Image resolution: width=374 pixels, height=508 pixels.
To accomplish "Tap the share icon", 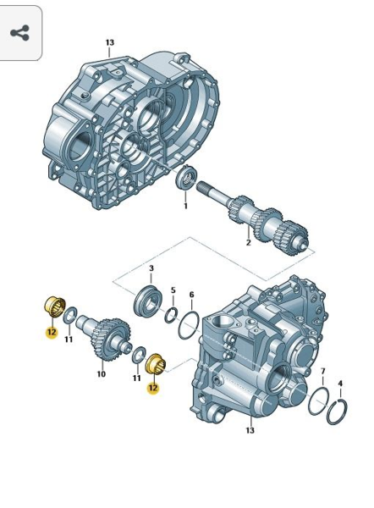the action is [x=19, y=33].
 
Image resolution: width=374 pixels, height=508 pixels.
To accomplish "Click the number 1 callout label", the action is [x=185, y=206].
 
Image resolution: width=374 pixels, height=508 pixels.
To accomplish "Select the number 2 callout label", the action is [x=249, y=242].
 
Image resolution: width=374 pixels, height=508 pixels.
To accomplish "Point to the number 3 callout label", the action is [x=151, y=268].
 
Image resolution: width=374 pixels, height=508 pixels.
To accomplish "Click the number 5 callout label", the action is [x=173, y=290].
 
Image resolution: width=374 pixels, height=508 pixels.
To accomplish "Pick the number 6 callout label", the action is [x=192, y=295].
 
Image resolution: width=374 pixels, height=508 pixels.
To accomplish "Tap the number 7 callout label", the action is [x=323, y=372].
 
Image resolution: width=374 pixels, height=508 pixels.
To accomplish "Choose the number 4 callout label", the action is [x=340, y=384].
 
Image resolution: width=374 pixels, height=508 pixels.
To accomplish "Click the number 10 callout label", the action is [x=102, y=374].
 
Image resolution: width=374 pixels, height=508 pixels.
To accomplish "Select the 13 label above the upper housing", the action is [x=110, y=42].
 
